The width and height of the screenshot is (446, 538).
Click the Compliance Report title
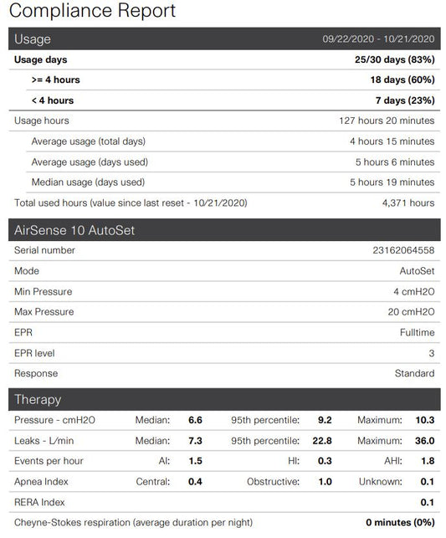(x=92, y=11)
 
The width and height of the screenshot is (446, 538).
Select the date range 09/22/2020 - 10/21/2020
(x=379, y=39)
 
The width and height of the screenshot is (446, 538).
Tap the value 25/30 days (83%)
(x=394, y=59)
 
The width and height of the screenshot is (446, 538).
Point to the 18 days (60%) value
(x=402, y=80)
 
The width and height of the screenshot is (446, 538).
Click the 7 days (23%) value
(x=405, y=100)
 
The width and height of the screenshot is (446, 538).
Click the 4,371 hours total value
(x=408, y=202)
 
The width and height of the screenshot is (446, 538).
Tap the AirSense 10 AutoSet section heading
(x=75, y=230)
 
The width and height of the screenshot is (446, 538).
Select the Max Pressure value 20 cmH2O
(x=410, y=312)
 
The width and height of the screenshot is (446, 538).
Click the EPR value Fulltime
(x=415, y=332)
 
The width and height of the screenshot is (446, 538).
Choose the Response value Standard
(x=414, y=373)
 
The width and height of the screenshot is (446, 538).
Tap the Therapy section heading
(x=38, y=400)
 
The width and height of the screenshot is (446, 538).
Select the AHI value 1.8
(x=426, y=461)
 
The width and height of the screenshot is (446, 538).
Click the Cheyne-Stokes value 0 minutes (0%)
(x=400, y=522)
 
